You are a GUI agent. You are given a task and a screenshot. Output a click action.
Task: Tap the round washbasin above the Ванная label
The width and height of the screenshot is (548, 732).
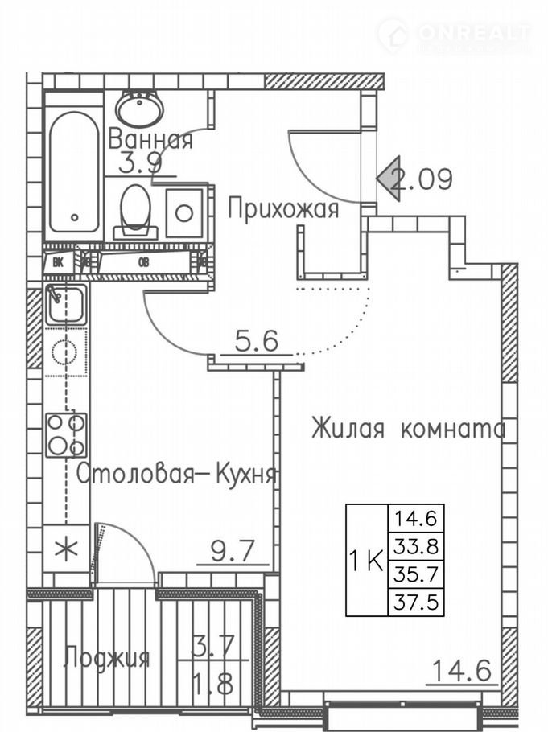point(139,108)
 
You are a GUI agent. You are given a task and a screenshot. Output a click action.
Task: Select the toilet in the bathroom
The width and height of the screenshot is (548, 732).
point(135,211)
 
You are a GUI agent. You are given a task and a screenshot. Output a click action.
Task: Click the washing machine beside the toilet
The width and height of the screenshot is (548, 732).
point(184,213)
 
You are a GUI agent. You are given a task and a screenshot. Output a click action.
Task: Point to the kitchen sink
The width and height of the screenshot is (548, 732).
point(64,303)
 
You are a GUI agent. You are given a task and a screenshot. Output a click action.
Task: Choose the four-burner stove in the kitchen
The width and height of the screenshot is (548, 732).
point(66,434)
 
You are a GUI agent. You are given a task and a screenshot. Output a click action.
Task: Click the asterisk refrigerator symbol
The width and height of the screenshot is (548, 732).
point(66,549)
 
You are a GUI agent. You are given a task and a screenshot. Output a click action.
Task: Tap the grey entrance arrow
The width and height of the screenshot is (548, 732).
point(390,179)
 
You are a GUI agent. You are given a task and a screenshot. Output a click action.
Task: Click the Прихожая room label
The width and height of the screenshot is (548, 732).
point(282,209)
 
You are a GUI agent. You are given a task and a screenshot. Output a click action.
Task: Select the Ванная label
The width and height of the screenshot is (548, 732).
point(150,139)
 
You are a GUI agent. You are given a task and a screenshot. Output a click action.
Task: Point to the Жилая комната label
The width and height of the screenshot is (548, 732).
point(409,428)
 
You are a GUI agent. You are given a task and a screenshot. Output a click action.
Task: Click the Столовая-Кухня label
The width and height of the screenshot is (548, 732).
point(177,475)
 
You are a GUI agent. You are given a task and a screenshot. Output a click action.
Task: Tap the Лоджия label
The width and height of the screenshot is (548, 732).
point(107,658)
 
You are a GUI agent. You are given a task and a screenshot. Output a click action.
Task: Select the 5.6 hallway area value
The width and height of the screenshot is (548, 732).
point(256,342)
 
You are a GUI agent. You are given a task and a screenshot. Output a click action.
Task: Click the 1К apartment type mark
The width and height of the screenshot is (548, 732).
point(366,561)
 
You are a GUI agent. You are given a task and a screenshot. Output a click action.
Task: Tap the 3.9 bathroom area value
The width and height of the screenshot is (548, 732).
point(141,163)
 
